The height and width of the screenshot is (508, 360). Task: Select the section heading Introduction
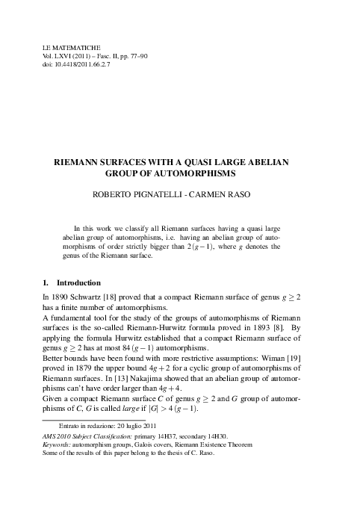point(78,283)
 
